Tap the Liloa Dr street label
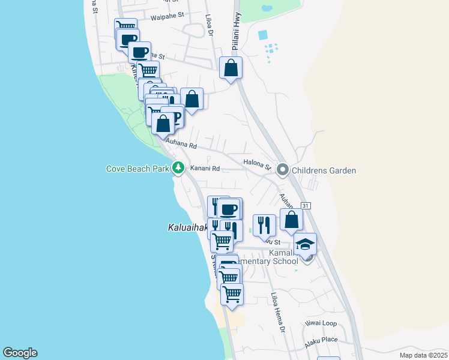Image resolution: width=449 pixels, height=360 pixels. point(209,26)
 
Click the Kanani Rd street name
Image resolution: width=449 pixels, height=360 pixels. point(205,169)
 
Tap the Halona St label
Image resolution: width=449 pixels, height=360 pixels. point(258,163)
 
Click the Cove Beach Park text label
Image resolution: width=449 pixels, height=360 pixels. point(137,169)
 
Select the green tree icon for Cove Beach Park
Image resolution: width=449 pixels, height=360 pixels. point(178,169)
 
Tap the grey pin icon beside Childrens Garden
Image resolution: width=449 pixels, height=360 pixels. point(283,170)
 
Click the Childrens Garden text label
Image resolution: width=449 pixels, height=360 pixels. point(324,170)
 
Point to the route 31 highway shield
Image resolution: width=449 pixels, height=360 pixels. point(306,206)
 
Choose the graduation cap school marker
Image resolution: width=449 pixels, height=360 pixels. point(305,244)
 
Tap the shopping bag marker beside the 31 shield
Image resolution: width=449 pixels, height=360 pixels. point(291,220)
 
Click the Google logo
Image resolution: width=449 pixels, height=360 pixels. point(20,353)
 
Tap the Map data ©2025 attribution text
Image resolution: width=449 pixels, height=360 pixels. point(423,355)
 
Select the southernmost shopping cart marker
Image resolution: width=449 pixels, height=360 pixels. point(232,294)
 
